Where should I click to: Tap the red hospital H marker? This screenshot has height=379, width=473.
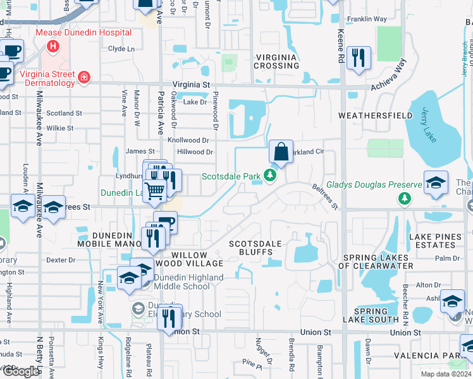[x=53, y=46]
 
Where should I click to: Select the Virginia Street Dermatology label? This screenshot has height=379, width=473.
[x=47, y=78]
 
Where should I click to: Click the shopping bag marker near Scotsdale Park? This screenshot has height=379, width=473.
[x=281, y=153]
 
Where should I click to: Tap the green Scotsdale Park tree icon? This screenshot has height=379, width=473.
[x=270, y=175]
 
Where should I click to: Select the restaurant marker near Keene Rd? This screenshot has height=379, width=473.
[x=360, y=57]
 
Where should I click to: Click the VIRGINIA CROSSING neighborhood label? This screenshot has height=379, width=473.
[x=276, y=61]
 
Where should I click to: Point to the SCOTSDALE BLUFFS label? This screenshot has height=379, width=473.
[x=255, y=248]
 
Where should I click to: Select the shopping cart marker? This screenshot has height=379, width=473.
[x=154, y=189]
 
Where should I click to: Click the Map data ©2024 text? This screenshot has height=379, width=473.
[x=446, y=374]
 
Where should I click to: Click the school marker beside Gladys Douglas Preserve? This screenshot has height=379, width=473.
[x=436, y=183]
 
